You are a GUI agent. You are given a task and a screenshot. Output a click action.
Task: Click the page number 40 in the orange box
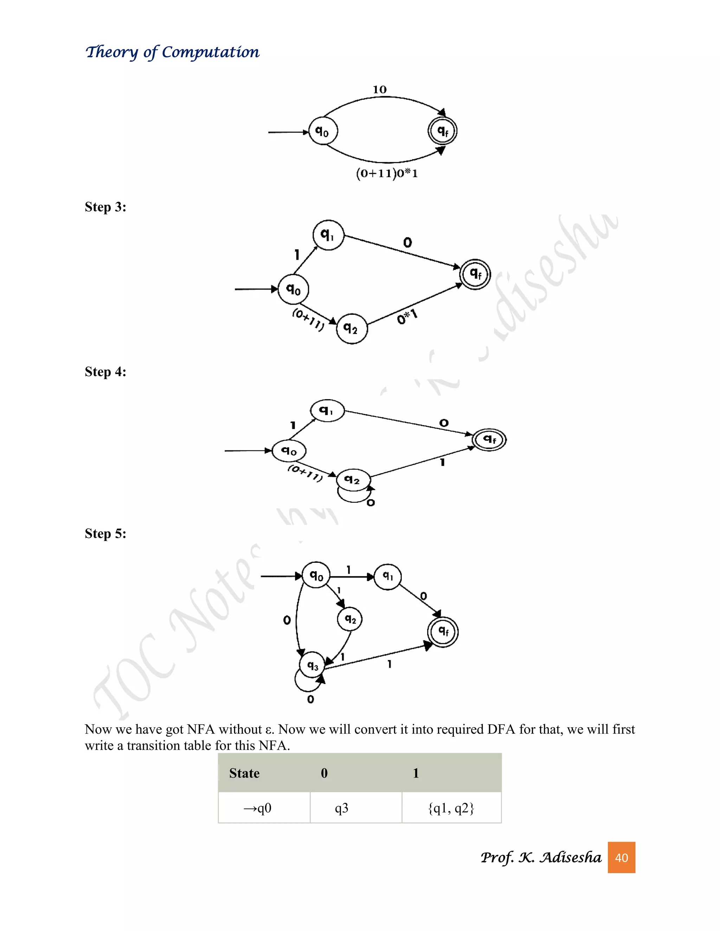point(621,858)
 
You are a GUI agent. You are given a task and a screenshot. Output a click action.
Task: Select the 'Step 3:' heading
point(105,207)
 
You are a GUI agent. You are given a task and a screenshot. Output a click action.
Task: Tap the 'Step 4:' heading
point(105,372)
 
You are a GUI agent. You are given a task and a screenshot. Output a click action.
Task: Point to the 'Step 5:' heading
point(105,534)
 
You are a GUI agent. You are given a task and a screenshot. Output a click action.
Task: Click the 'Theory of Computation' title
point(172,52)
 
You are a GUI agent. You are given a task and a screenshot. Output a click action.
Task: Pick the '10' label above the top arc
point(380,90)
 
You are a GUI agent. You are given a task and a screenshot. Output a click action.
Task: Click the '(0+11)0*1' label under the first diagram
point(387,174)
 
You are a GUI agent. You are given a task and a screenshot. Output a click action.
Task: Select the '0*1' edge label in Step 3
point(407,317)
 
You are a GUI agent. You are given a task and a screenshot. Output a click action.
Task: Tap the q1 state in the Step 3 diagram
point(328,235)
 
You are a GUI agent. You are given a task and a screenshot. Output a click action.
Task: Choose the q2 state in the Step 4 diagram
point(353,480)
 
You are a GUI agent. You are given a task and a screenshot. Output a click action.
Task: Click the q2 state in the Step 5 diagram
point(350,619)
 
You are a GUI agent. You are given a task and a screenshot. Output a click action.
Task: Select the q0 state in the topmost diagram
point(323,131)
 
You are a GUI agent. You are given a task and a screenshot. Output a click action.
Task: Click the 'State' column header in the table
point(244,773)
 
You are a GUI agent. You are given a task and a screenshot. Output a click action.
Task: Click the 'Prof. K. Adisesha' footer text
point(541,858)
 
